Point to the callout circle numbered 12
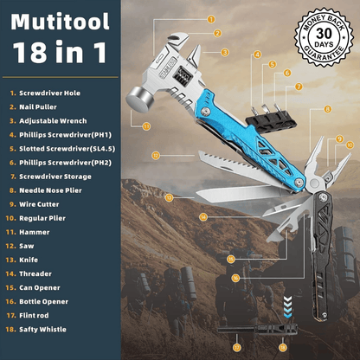pos(155,156)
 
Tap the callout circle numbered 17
pos(237,346)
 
